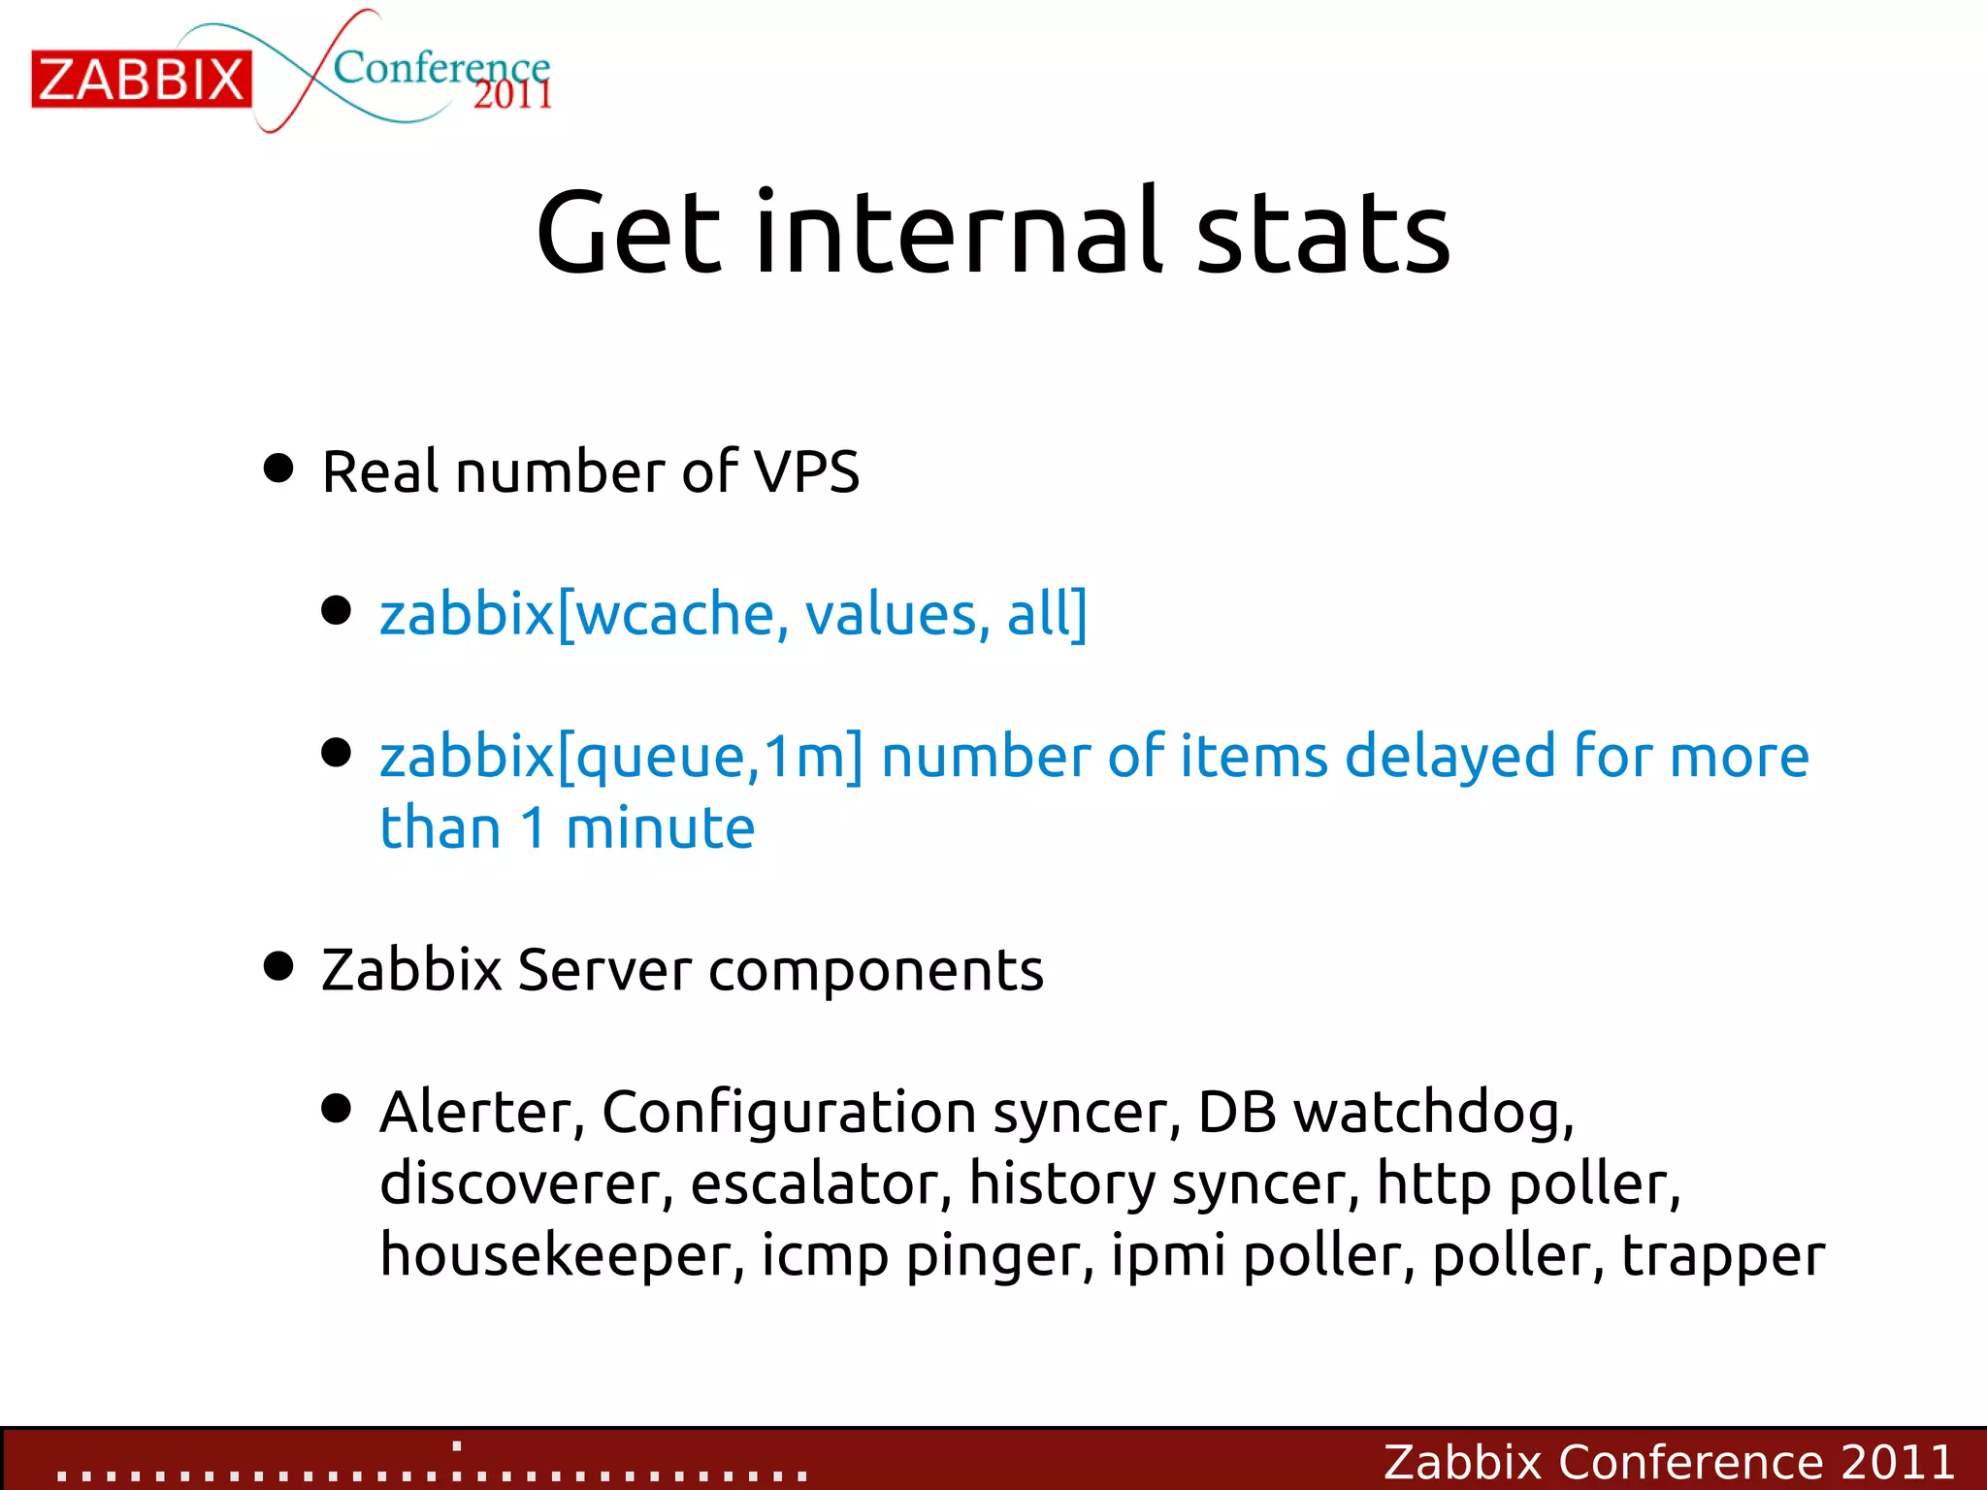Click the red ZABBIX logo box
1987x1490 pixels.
click(142, 79)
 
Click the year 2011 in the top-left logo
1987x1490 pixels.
click(512, 95)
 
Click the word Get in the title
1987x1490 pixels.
click(629, 233)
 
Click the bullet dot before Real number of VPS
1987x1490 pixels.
click(278, 469)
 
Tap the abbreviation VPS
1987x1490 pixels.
click(806, 472)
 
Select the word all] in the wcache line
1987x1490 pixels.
click(1047, 614)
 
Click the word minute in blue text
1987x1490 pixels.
click(660, 828)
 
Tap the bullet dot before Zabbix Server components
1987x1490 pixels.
click(278, 966)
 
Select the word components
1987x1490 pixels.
click(876, 970)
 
